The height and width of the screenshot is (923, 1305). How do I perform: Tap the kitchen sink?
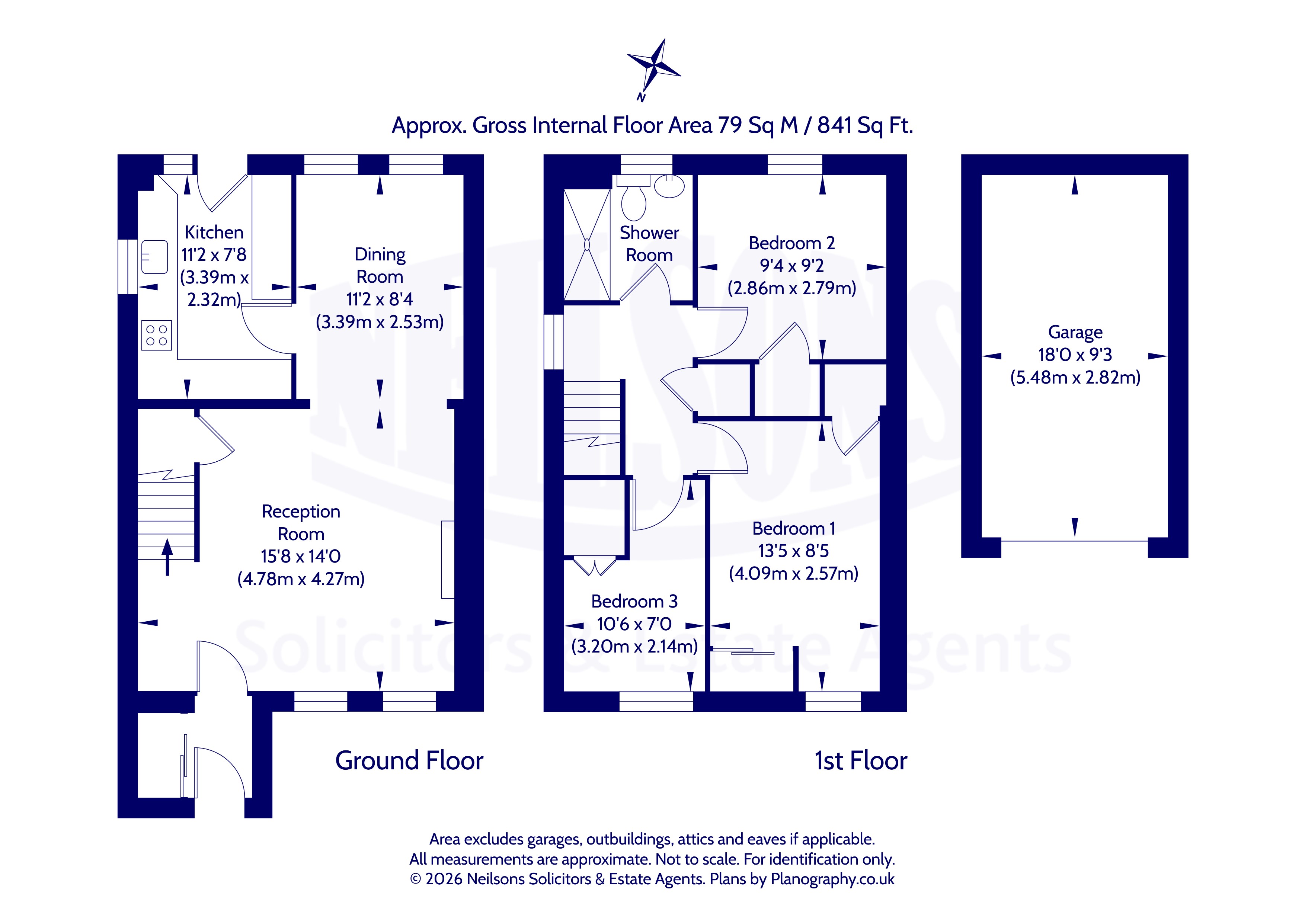click(154, 257)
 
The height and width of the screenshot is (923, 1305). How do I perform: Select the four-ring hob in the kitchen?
click(156, 335)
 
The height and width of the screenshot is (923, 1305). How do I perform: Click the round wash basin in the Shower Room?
click(669, 186)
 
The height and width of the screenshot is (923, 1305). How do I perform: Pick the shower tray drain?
click(586, 244)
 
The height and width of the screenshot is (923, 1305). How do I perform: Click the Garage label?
click(1075, 332)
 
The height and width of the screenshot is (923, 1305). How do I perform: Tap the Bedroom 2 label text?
click(792, 243)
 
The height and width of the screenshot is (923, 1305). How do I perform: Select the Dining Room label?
click(380, 265)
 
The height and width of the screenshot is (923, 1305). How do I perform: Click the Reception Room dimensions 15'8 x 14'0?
click(301, 557)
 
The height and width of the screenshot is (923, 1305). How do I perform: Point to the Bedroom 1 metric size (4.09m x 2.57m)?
click(793, 573)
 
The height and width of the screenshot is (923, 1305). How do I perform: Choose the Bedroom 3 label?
click(634, 601)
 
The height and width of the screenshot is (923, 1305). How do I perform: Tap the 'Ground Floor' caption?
click(409, 760)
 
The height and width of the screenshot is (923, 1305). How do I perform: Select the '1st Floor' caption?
click(861, 760)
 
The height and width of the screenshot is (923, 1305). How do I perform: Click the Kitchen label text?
click(214, 233)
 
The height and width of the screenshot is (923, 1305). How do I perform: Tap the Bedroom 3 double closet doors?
click(595, 567)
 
